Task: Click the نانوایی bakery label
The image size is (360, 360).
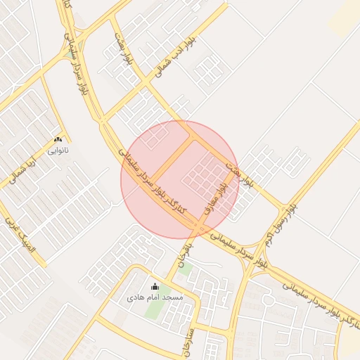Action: click(58, 150)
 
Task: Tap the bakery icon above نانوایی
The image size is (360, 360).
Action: click(58, 139)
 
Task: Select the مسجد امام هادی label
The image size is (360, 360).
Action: click(155, 297)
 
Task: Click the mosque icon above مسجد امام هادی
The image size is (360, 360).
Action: click(155, 286)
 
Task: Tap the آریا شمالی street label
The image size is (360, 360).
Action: click(24, 169)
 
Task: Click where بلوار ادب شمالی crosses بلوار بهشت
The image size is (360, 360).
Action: click(146, 82)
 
